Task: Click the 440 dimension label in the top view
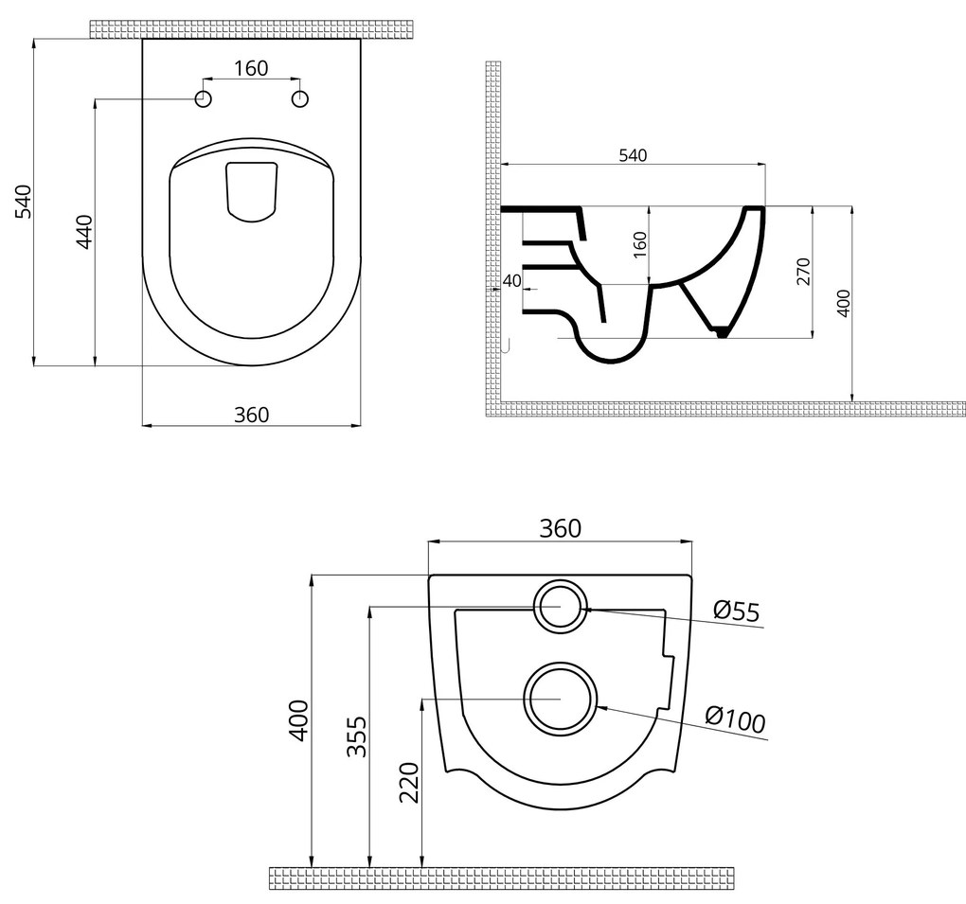83,232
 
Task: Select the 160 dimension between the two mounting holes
251,68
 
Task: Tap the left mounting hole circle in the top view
203,98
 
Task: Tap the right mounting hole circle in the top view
300,98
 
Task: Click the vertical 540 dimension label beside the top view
24,201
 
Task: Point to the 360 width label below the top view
252,414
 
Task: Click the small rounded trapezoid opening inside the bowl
252,192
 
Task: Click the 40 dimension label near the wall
511,280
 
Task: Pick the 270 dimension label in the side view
803,272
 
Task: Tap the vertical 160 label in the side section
640,245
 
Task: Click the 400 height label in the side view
844,302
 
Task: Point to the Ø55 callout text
737,612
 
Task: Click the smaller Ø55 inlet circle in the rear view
561,606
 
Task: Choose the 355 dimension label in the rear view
356,736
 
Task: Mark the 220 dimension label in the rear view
409,782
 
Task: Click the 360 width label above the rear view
560,528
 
